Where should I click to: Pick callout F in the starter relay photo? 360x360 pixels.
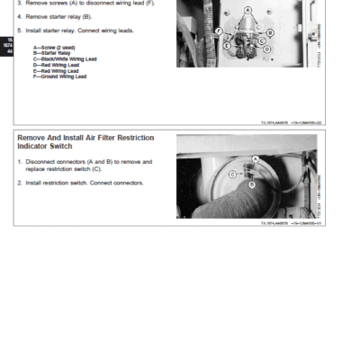click(x=219, y=31)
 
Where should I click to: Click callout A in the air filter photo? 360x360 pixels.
click(x=256, y=157)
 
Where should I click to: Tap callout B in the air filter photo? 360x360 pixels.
click(x=251, y=184)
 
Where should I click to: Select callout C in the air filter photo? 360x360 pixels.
click(x=232, y=174)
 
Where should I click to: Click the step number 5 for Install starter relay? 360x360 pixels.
click(x=19, y=30)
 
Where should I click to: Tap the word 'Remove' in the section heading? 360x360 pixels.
click(x=31, y=138)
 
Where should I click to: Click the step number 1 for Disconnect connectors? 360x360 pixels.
click(x=19, y=161)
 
